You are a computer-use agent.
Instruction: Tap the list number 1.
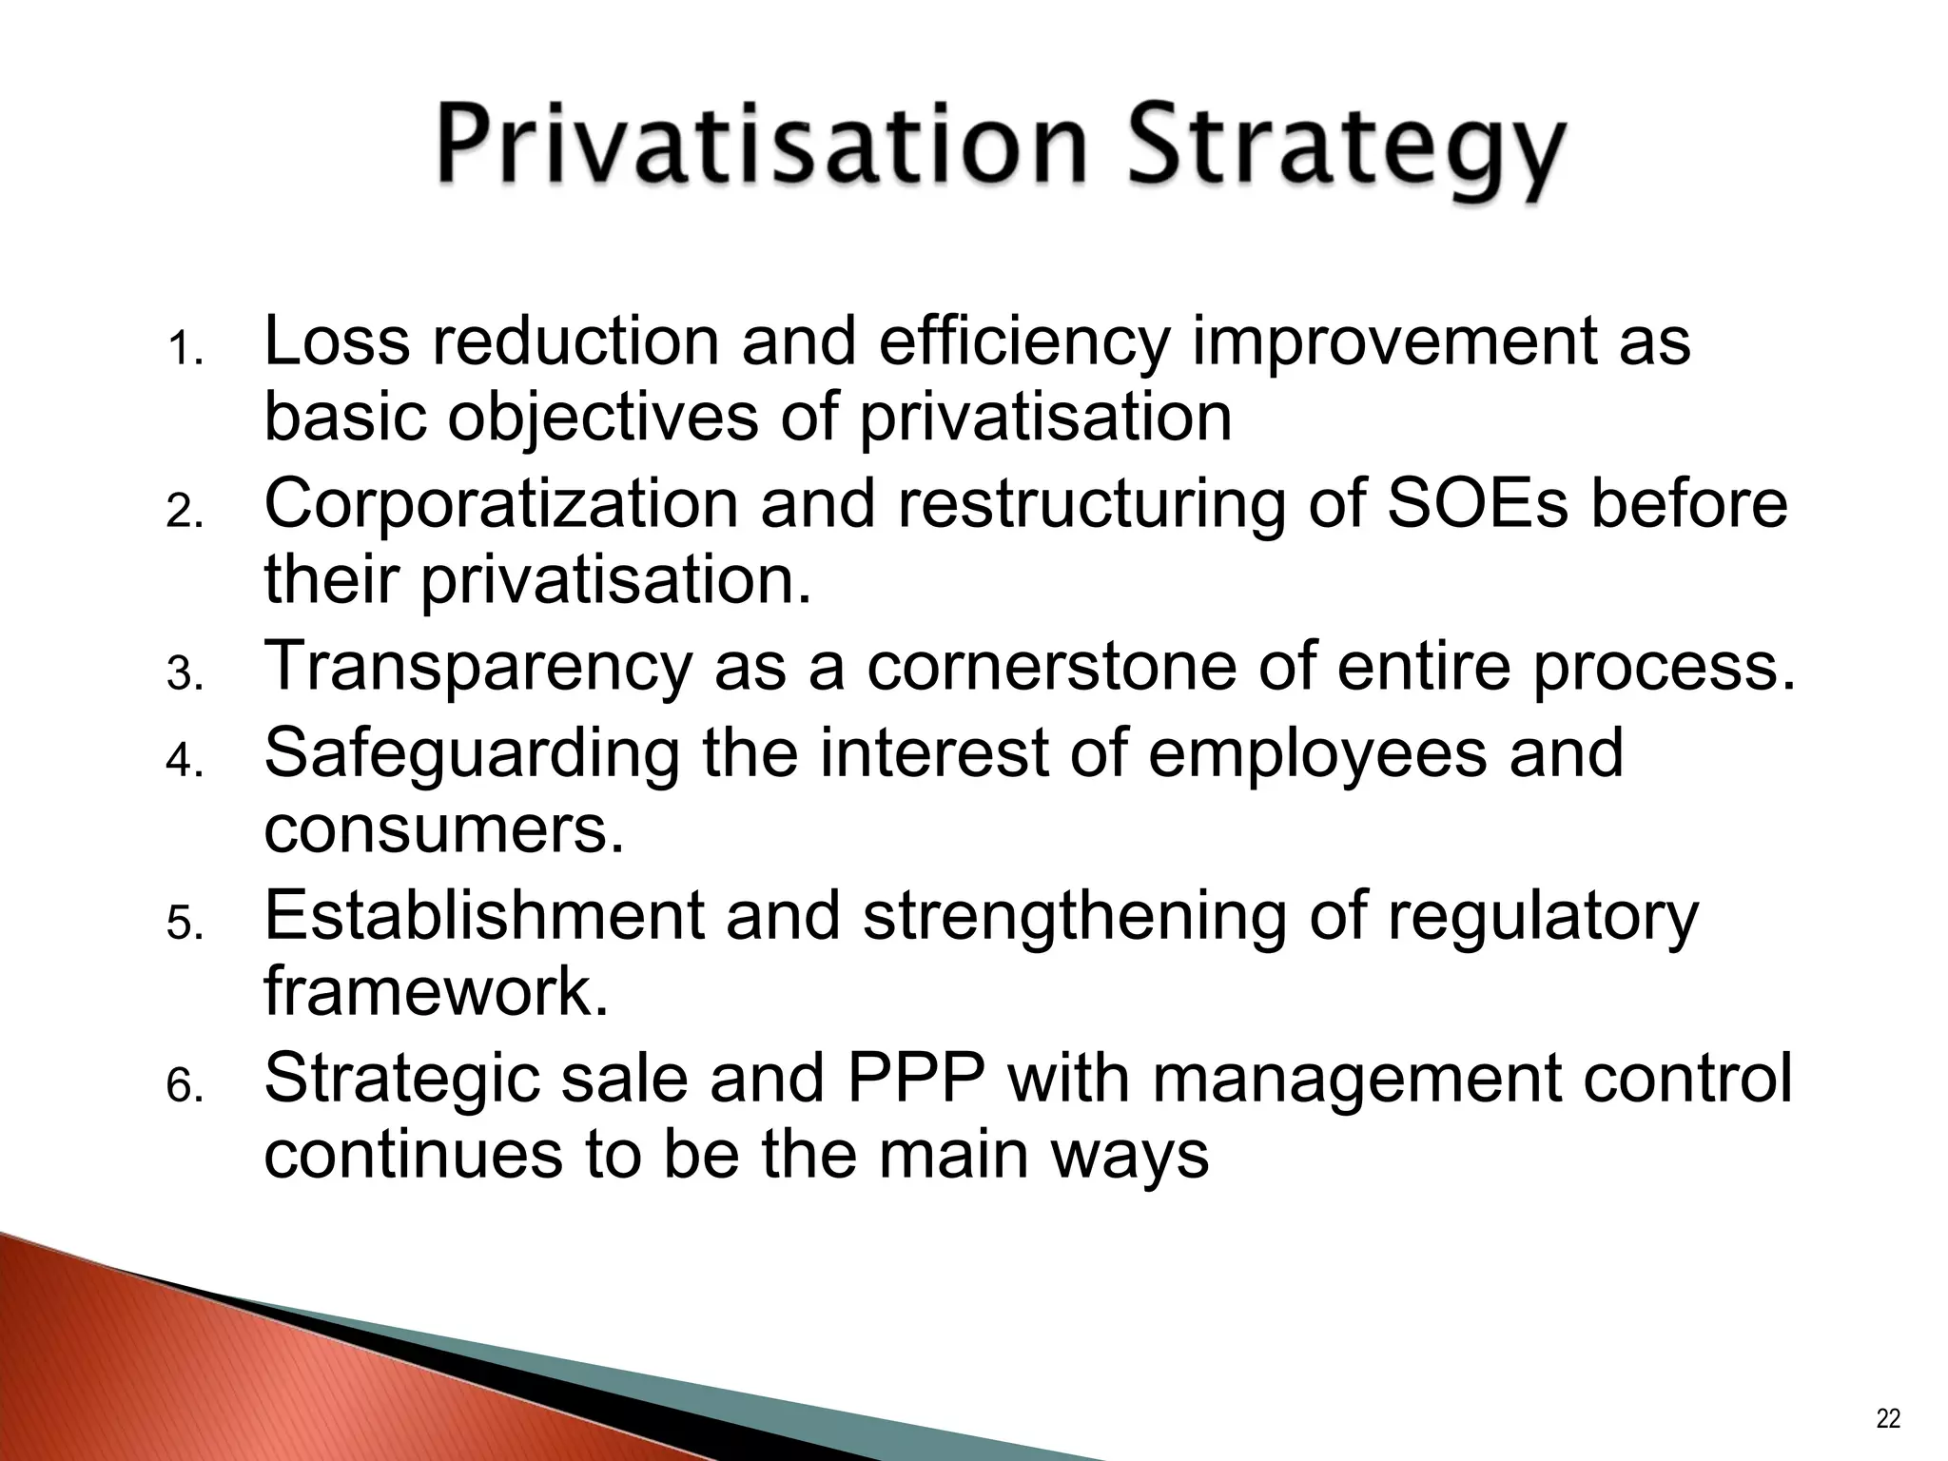tap(184, 352)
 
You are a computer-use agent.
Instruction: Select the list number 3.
tap(184, 675)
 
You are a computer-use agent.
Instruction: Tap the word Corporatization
tap(500, 504)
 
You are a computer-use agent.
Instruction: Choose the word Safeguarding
tap(472, 751)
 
